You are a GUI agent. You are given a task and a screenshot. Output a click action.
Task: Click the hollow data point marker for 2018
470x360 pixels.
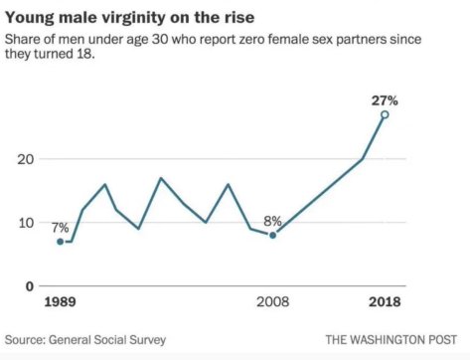coord(385,114)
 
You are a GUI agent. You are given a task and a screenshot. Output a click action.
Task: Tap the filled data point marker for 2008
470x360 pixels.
coord(272,236)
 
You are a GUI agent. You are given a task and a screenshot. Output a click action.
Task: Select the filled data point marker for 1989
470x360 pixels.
coord(60,242)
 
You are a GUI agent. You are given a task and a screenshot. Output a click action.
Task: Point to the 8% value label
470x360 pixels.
coord(272,221)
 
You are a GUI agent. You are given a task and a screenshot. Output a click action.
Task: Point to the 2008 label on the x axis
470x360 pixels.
coord(272,301)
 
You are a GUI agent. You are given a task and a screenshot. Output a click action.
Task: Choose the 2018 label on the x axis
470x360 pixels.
coord(386,301)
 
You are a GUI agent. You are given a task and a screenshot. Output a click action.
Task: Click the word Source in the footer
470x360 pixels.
coord(29,338)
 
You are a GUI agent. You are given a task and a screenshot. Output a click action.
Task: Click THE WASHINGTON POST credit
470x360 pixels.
coord(394,338)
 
